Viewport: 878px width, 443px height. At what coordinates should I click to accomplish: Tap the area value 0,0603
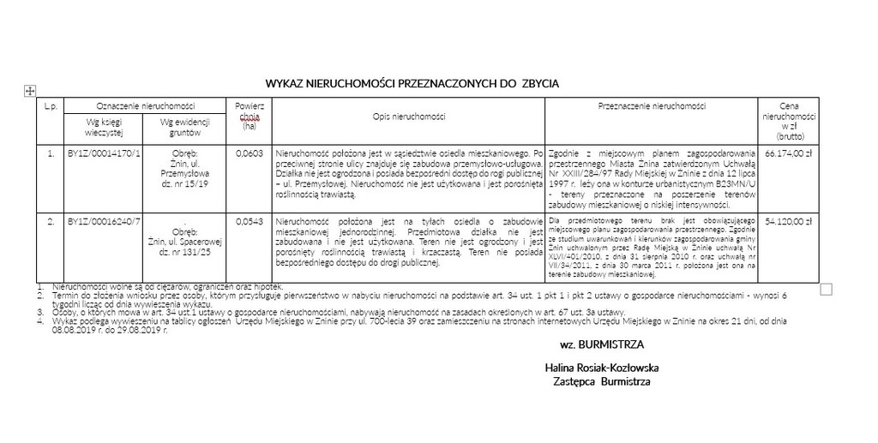pyautogui.click(x=249, y=154)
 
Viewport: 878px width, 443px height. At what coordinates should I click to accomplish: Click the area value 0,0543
pyautogui.click(x=249, y=221)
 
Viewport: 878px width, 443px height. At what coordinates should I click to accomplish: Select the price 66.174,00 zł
pyautogui.click(x=787, y=154)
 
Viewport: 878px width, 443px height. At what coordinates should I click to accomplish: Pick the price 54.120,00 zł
pyautogui.click(x=787, y=221)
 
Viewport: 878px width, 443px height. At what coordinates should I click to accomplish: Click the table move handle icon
pyautogui.click(x=29, y=89)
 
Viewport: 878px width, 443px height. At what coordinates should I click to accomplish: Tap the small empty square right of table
pyautogui.click(x=826, y=289)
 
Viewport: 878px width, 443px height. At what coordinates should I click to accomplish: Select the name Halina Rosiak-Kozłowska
pyautogui.click(x=595, y=367)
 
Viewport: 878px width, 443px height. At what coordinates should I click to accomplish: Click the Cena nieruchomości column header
pyautogui.click(x=788, y=120)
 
